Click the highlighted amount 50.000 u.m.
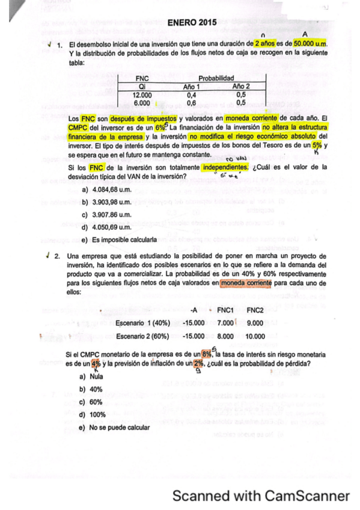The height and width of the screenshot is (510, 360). (310, 45)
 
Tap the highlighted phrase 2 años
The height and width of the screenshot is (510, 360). (265, 45)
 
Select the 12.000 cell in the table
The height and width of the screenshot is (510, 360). (142, 95)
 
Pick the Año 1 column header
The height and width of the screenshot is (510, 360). (194, 87)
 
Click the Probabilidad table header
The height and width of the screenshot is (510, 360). (216, 78)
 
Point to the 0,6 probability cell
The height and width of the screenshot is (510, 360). (192, 103)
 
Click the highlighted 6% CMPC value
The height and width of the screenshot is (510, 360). (159, 127)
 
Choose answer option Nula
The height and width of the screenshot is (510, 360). (96, 376)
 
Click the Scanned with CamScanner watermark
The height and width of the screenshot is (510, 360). (261, 496)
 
